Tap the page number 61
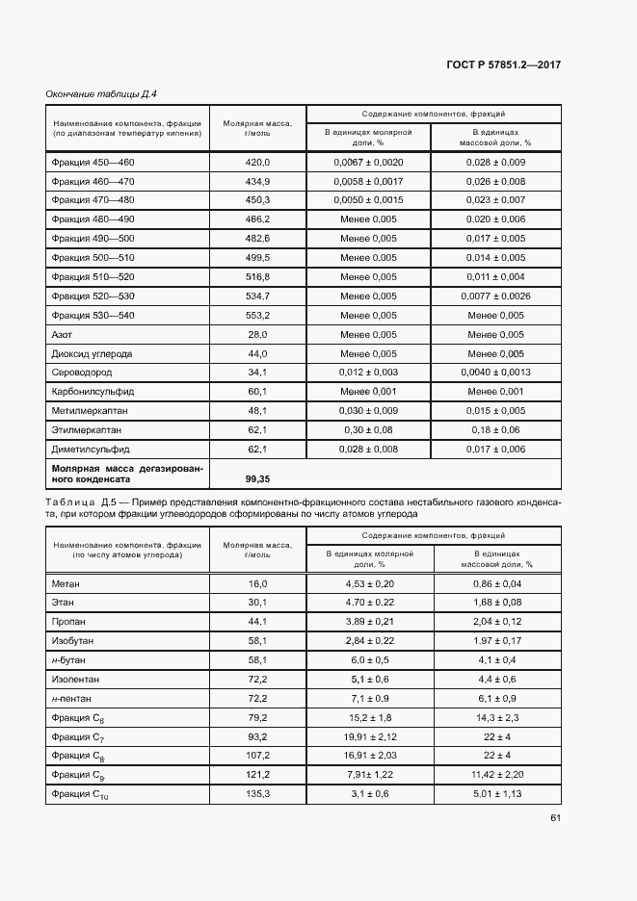[555, 818]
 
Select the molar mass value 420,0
[258, 163]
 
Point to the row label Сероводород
[82, 373]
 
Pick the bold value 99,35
[257, 477]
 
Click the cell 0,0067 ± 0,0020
[368, 163]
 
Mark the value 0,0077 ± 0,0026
[495, 296]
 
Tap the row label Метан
[66, 584]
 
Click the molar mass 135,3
[257, 793]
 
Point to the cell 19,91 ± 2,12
[368, 736]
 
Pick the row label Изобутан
[73, 641]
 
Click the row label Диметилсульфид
[91, 449]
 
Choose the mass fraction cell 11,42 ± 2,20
[495, 774]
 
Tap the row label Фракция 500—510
[93, 258]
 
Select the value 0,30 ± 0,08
[368, 430]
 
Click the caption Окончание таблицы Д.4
[101, 93]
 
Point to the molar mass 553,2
[258, 316]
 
